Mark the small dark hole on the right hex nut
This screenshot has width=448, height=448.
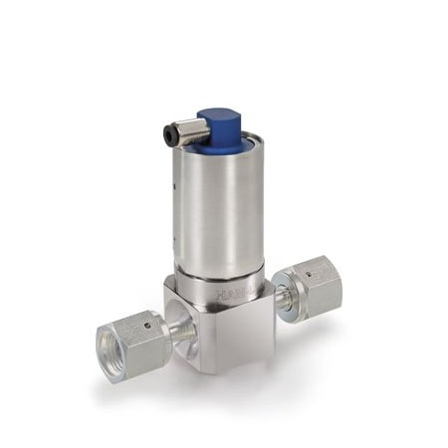(x=308, y=268)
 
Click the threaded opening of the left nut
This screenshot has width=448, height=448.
(x=112, y=348)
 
